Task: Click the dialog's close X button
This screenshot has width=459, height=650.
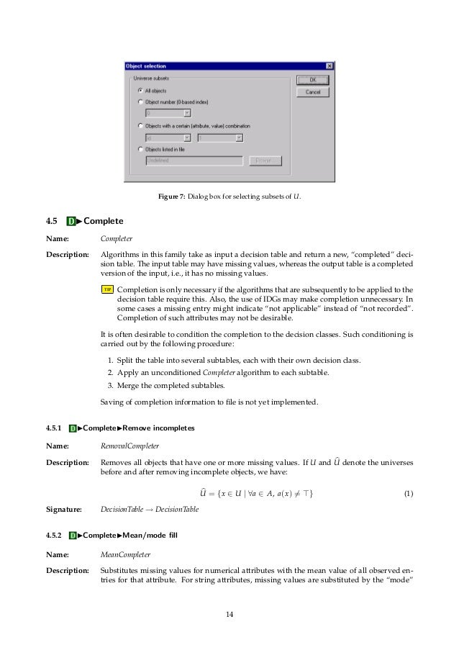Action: tap(329, 66)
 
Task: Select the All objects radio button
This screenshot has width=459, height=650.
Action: tap(140, 91)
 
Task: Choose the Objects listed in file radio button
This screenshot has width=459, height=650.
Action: tap(140, 149)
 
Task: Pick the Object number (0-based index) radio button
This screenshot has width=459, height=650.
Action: tap(140, 102)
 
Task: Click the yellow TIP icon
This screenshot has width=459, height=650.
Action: tap(107, 289)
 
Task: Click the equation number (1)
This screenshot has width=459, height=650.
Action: tap(408, 494)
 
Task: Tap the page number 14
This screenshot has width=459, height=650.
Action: tap(229, 614)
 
